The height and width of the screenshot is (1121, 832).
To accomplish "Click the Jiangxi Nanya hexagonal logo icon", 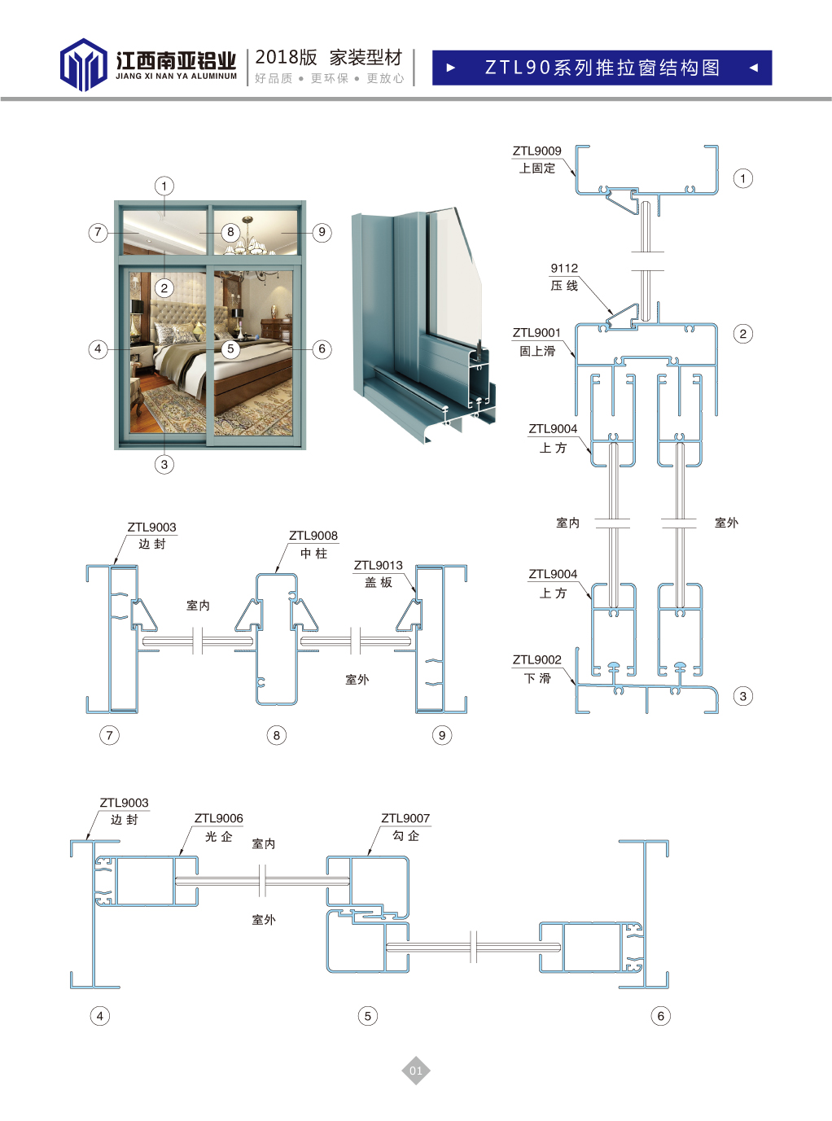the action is point(83,64).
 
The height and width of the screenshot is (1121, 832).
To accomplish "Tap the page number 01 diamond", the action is point(415,1070).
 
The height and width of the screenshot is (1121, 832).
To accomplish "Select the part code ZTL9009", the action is point(536,151).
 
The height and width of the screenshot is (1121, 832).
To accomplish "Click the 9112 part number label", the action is point(564,268).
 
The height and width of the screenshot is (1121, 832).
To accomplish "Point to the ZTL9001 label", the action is point(536,333).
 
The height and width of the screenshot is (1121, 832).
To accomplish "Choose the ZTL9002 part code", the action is point(536,659).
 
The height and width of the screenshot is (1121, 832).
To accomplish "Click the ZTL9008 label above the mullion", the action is point(313,535).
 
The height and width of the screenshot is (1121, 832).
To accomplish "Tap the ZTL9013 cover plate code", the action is point(378,565).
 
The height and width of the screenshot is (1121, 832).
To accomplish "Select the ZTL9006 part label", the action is point(219,818).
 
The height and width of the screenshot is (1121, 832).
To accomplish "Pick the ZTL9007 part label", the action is point(405,818).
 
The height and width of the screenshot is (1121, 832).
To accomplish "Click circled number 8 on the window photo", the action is point(230,232).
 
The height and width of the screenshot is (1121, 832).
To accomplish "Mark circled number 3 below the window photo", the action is point(164,465).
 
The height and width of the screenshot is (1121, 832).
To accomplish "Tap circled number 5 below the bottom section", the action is point(367,1016).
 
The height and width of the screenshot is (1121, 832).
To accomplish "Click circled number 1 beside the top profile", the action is point(742,178).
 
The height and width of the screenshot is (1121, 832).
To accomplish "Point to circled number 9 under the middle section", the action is point(442,735).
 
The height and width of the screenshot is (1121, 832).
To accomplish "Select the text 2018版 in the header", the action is point(286,58).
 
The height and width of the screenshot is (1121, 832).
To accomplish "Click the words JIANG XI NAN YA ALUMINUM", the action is point(177,77).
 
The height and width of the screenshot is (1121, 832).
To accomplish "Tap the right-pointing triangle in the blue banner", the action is point(451,68).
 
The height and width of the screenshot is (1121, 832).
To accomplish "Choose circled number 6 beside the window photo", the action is point(322,348).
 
